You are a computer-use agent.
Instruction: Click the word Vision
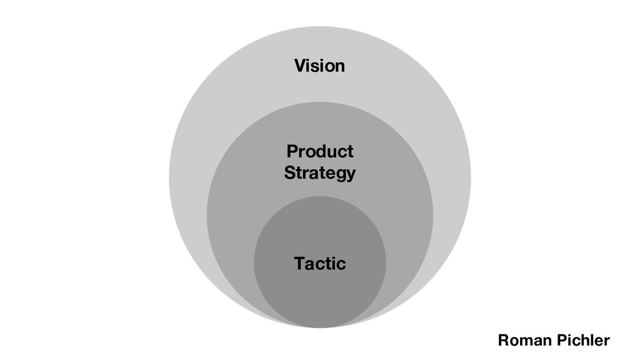[319, 66]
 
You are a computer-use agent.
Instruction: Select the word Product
[319, 151]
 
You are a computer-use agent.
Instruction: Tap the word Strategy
[319, 173]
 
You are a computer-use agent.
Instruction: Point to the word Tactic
[319, 264]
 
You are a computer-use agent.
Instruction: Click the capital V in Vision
[299, 66]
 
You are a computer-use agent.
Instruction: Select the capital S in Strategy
[289, 172]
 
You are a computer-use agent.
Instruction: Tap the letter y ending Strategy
[351, 174]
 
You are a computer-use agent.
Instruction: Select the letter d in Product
[318, 151]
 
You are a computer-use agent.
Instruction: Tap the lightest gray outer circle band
[200, 125]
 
